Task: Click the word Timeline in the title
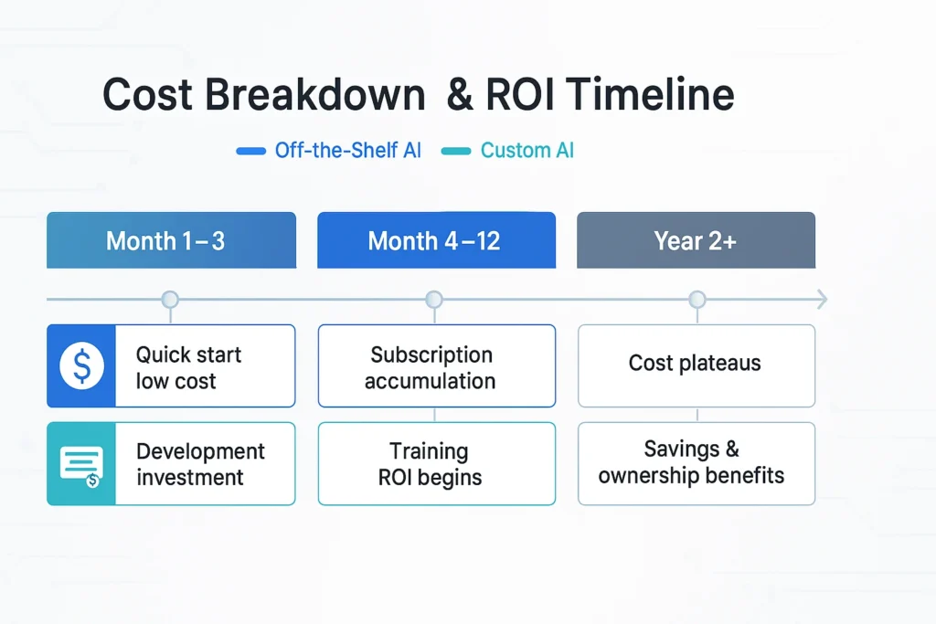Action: click(650, 95)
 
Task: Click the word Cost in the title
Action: click(146, 95)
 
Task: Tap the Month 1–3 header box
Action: click(171, 240)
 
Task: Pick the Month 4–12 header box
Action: click(436, 240)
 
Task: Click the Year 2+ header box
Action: click(696, 240)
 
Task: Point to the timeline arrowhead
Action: click(822, 299)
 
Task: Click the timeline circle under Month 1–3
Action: click(170, 300)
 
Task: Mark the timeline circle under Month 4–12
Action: click(434, 300)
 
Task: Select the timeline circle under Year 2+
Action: click(697, 300)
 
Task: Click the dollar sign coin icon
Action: click(81, 366)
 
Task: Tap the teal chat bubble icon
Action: click(81, 464)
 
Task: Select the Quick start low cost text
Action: click(188, 367)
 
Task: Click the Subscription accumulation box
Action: click(436, 366)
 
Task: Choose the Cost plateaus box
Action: click(696, 365)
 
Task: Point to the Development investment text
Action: click(200, 464)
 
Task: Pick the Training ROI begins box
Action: click(436, 464)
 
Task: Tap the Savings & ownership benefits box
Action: click(696, 463)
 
